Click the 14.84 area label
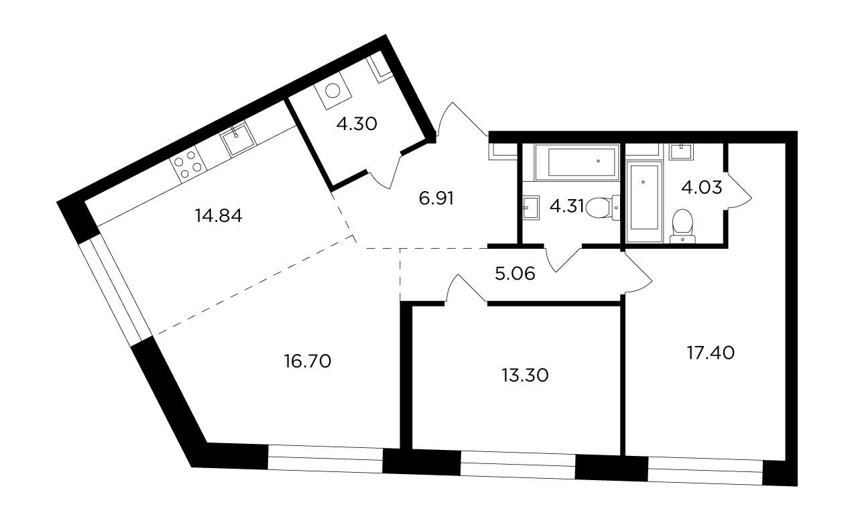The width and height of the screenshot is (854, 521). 219,216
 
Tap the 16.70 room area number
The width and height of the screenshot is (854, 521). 308,361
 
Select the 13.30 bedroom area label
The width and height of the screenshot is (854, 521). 525,375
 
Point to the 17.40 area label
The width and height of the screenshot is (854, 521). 711,353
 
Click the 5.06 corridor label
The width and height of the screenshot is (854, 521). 515,274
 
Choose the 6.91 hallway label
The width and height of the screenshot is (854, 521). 436,198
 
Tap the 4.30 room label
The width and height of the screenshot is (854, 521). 357,123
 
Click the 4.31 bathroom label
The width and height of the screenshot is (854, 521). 566,207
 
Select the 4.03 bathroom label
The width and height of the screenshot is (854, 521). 701,188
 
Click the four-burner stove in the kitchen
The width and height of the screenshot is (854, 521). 188,164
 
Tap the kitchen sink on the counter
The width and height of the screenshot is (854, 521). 237,139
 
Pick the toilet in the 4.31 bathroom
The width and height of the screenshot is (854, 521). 603,207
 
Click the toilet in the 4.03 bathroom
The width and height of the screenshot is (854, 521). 682,226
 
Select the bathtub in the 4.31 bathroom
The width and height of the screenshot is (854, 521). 576,162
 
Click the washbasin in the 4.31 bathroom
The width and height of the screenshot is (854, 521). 531,208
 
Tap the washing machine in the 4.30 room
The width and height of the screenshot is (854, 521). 333,91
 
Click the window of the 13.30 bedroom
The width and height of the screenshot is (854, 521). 517,464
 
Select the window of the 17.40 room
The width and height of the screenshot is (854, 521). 705,471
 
